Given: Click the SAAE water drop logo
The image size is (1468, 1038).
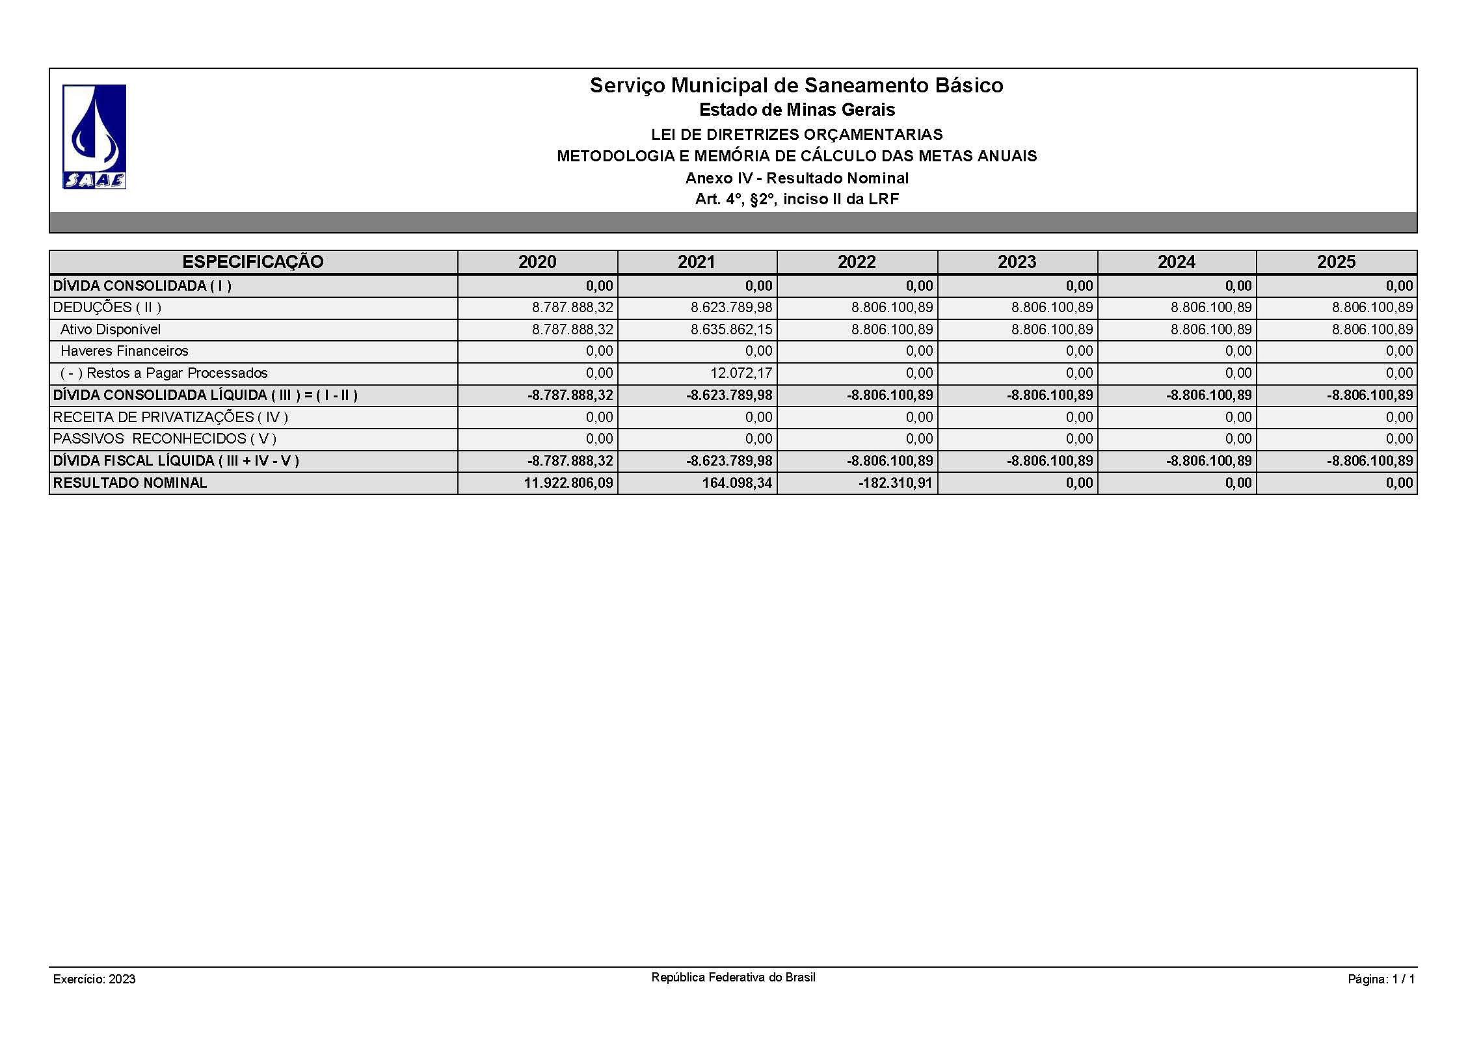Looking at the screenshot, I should click(94, 137).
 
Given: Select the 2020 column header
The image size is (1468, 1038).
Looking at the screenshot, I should click(537, 262).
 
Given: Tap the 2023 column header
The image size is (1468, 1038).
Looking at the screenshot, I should click(1017, 262).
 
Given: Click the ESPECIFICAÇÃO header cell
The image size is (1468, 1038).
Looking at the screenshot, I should click(253, 262).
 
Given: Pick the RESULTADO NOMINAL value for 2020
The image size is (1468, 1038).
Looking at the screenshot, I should click(568, 483).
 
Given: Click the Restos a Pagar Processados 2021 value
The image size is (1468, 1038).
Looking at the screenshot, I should click(732, 373).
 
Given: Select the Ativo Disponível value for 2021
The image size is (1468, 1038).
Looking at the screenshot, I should click(731, 330).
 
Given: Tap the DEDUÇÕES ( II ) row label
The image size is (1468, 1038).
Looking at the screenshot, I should click(107, 308).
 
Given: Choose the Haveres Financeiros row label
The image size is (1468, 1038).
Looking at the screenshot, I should click(124, 351).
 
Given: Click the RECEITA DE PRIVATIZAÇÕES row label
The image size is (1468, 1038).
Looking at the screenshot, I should click(170, 418).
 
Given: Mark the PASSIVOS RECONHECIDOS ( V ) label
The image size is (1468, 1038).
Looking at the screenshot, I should click(165, 439).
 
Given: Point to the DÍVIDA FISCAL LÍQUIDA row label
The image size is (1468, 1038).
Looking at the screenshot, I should click(176, 461).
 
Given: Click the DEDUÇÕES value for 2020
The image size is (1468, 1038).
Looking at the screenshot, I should click(572, 308).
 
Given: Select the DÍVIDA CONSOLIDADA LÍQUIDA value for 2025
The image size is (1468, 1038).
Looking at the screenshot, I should click(1370, 395).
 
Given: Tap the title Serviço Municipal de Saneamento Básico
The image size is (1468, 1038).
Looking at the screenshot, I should click(796, 85).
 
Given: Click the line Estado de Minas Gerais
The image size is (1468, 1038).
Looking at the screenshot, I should click(797, 110).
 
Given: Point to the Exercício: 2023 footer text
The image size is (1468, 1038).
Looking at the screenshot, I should click(94, 979).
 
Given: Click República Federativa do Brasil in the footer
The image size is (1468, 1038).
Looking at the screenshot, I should click(733, 978).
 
